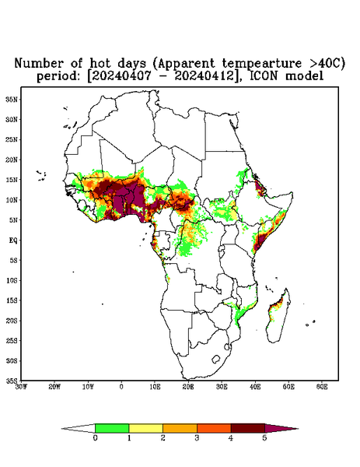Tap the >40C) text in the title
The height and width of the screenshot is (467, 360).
[323, 63]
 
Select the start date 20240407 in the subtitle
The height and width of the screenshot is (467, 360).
[121, 76]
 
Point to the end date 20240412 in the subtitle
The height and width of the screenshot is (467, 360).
[204, 76]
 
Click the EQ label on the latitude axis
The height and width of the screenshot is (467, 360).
[12, 240]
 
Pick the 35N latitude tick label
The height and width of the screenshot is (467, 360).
[12, 99]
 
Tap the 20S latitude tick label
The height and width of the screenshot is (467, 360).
[12, 321]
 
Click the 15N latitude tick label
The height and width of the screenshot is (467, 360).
[12, 180]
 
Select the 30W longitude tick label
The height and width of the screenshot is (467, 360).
[22, 387]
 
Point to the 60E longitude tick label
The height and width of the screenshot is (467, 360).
[322, 387]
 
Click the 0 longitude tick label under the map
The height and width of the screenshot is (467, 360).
[121, 387]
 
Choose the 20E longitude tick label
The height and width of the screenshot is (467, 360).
[188, 387]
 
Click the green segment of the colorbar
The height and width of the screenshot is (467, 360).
[112, 428]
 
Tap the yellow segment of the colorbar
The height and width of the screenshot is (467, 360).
[145, 428]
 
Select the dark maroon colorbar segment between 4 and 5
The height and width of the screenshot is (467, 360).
[248, 428]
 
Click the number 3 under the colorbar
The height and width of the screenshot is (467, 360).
[197, 438]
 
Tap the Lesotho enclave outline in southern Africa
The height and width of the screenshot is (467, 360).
[216, 359]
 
